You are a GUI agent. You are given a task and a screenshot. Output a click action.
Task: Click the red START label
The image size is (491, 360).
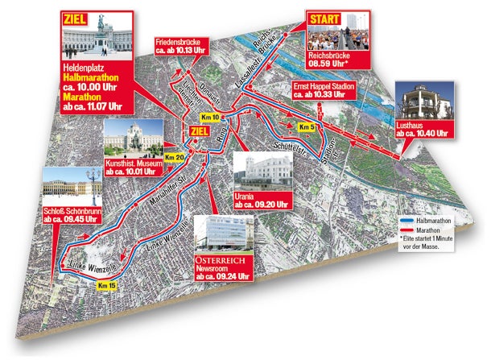click(x=323, y=17)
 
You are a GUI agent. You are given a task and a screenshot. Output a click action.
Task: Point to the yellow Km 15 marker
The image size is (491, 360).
click(x=105, y=285)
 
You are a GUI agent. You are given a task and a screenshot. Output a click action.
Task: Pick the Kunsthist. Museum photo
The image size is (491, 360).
click(x=134, y=139)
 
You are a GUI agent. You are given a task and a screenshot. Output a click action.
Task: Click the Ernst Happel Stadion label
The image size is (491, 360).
click(x=323, y=89)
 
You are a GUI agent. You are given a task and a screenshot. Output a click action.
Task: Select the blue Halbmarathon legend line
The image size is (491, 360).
click(x=408, y=218)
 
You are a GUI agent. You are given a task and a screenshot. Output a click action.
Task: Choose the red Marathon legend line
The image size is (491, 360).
click(x=408, y=230)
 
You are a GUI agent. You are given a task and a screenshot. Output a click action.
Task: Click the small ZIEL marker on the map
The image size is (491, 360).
click(x=197, y=131)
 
